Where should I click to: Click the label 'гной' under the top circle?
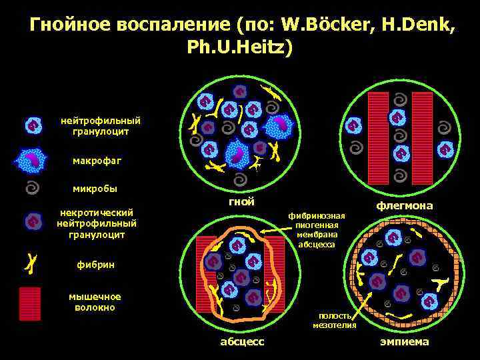click(x=241, y=202)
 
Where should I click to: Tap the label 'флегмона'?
click(x=405, y=206)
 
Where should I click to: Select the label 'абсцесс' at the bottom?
click(x=242, y=342)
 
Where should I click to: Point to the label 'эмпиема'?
click(x=405, y=342)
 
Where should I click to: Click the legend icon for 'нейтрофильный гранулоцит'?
click(x=32, y=125)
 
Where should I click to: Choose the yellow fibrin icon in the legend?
click(x=31, y=263)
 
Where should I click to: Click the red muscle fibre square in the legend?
click(x=30, y=304)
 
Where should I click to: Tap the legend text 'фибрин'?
click(x=97, y=265)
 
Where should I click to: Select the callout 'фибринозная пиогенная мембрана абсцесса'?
click(x=317, y=230)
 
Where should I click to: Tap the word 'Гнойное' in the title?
click(x=71, y=26)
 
